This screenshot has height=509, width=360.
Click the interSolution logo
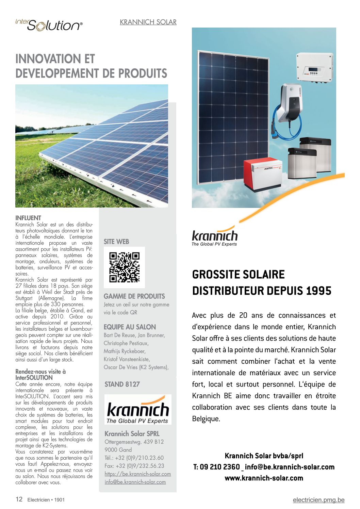pyautogui.click(x=49, y=25)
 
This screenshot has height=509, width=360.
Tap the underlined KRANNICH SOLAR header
pyautogui.click(x=148, y=22)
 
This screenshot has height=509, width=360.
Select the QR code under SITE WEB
pyautogui.click(x=124, y=267)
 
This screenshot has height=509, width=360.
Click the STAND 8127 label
pyautogui.click(x=122, y=384)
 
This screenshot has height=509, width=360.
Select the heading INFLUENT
pyautogui.click(x=28, y=218)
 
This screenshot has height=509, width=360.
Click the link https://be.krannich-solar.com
pyautogui.click(x=138, y=474)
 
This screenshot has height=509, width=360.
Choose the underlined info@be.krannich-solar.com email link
pyautogui.click(x=135, y=482)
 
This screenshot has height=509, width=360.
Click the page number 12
pyautogui.click(x=19, y=499)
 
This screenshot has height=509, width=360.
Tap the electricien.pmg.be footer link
pyautogui.click(x=318, y=500)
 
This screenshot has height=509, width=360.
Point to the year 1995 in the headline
pyautogui.click(x=318, y=291)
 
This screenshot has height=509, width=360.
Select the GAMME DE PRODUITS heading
pyautogui.click(x=134, y=296)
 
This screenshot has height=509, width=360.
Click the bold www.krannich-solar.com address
pyautogui.click(x=264, y=478)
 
